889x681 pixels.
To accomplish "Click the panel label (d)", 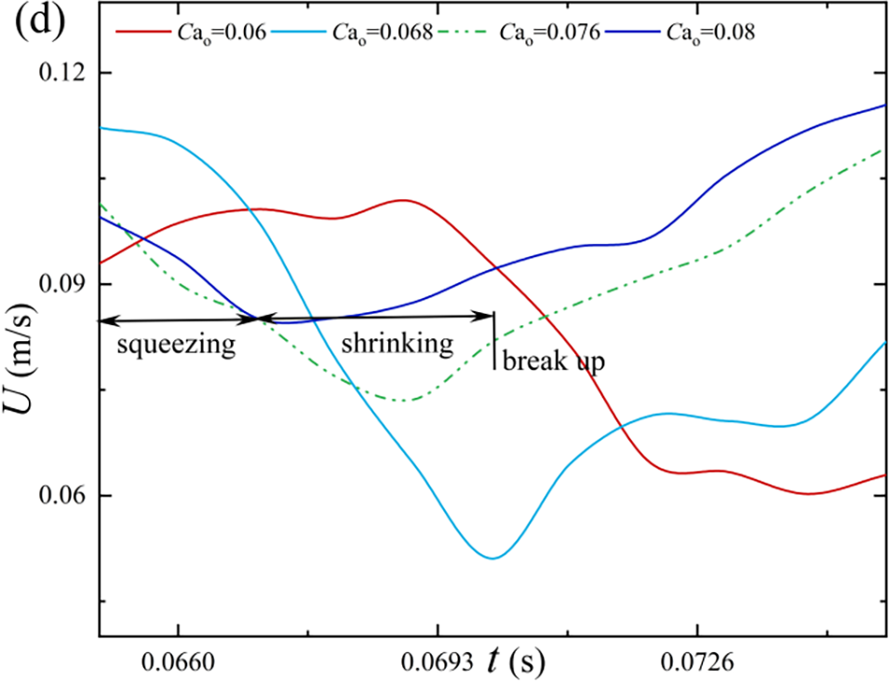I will click(34, 20).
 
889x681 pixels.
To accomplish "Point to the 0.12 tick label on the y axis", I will click(59, 73).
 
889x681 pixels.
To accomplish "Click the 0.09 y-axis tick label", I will click(59, 284).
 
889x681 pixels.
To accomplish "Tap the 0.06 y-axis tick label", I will click(59, 496).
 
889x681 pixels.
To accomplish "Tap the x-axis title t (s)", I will click(515, 661).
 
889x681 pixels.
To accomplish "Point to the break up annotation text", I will click(554, 361).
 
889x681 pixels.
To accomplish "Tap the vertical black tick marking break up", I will click(494, 340).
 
